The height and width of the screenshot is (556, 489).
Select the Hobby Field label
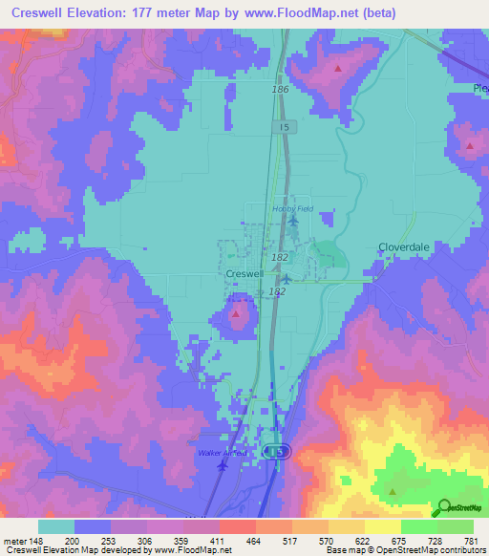292,208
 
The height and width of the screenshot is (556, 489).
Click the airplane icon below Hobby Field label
293,223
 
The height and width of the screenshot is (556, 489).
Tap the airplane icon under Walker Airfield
223,466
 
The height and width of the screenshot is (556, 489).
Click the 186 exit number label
279,89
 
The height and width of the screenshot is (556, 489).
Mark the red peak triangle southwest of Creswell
237,312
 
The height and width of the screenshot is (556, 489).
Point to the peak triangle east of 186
338,69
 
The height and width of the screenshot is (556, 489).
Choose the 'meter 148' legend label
21,542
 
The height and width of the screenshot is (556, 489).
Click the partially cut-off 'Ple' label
479,88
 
